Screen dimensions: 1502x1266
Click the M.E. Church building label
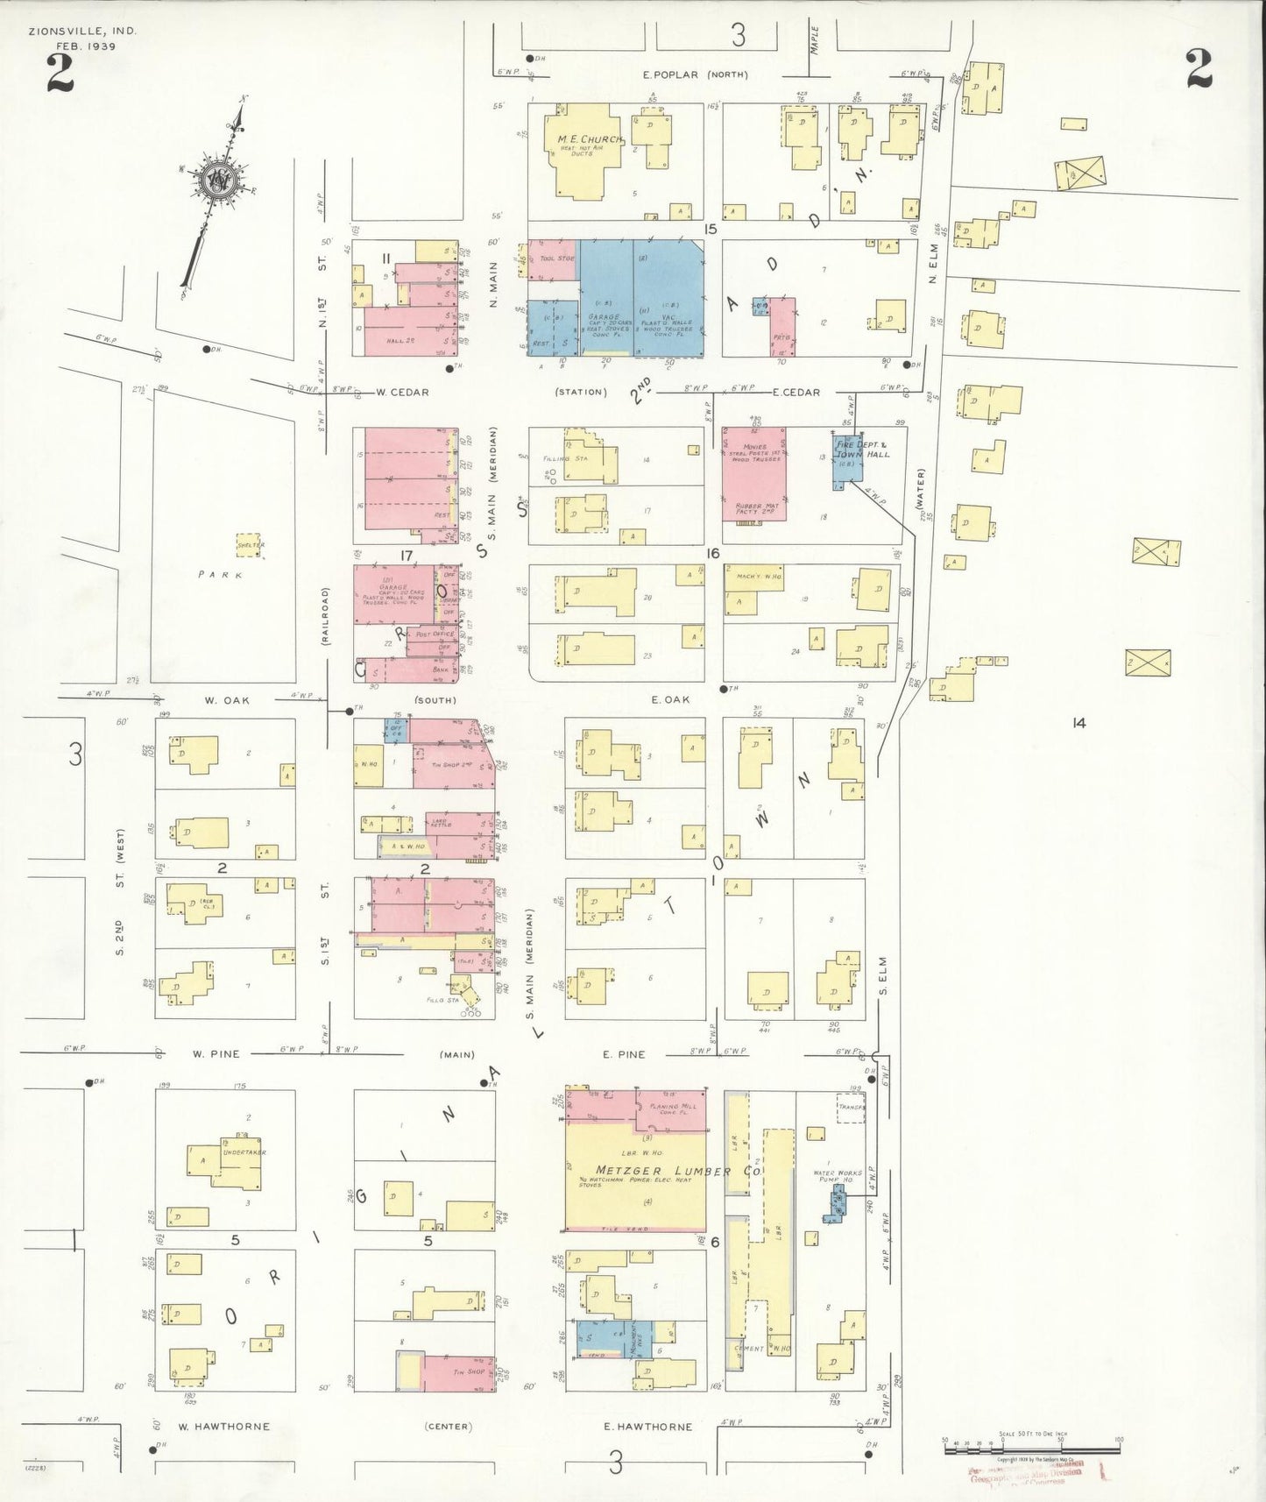pos(589,140)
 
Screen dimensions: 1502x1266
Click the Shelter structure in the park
pos(251,545)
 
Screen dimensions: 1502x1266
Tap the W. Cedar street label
pos(402,392)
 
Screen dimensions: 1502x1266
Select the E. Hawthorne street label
pos(647,1427)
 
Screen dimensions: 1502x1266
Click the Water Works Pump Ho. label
pos(838,1176)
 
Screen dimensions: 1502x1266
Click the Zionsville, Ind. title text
pos(82,30)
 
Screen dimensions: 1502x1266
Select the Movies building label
pos(754,448)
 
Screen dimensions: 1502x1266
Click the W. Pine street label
pos(216,1054)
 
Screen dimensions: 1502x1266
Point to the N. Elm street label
pos(933,266)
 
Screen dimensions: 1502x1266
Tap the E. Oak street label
pos(670,700)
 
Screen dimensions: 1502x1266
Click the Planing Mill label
pos(677,1107)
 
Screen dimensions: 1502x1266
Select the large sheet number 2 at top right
pos(1199,69)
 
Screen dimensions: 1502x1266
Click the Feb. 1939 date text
pos(87,46)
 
